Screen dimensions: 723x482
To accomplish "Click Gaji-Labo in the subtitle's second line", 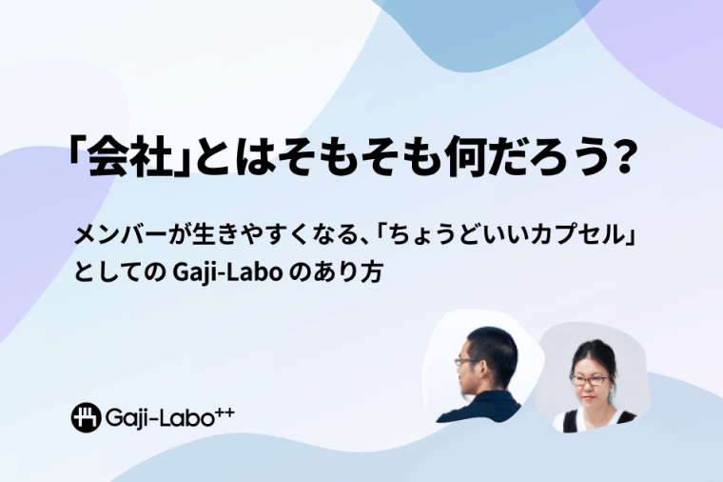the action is click(x=226, y=272).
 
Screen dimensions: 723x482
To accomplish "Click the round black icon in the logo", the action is click(x=86, y=417).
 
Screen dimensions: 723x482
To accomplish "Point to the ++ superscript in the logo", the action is click(x=225, y=412).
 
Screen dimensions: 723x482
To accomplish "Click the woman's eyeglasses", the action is click(x=590, y=380).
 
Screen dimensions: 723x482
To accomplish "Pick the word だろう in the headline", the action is click(x=542, y=155).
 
